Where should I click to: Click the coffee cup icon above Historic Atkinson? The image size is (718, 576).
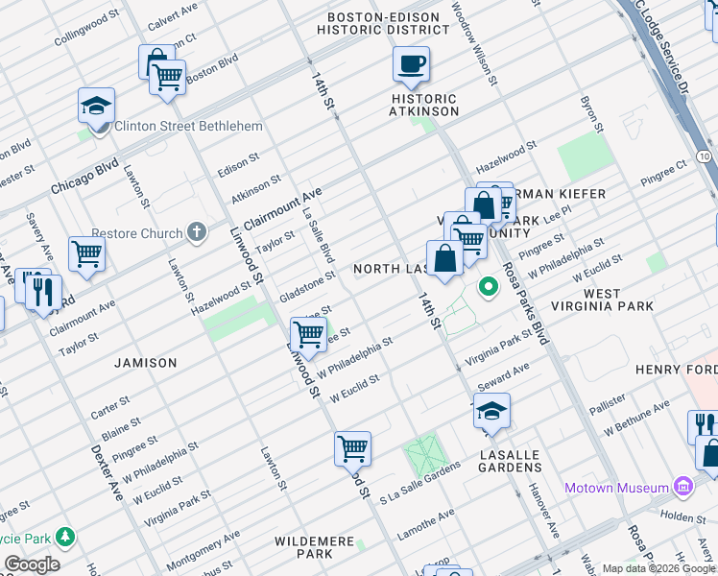pos(411,65)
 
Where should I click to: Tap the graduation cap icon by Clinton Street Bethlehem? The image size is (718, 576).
pos(97,105)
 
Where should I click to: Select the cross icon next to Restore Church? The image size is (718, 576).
pos(197,231)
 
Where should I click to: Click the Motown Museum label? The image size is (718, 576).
pos(615,487)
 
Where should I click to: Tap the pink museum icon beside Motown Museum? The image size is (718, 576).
pos(683,487)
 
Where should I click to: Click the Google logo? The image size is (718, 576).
pos(33,564)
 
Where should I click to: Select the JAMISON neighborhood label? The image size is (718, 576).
pos(146,363)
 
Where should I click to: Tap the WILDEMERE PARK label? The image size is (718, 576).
pos(316,547)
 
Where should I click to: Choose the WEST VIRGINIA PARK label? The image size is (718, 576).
pos(617,300)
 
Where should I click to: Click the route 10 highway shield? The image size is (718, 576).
pos(705,156)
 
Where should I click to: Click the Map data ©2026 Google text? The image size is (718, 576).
pos(658,567)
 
